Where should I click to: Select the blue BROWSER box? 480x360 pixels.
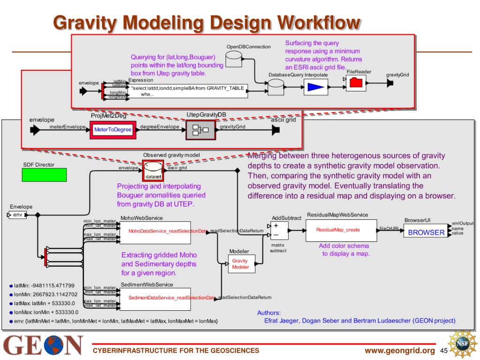[426, 232]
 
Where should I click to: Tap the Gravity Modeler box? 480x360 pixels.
[241, 264]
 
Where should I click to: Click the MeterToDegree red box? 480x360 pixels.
[112, 129]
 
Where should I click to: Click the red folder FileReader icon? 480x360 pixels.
[356, 82]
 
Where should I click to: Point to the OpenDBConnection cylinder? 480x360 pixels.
[234, 59]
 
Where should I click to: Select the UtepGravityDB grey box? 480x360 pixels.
[200, 129]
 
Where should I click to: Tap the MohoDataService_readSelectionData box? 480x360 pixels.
[155, 232]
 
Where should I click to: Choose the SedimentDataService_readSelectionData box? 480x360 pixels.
[155, 299]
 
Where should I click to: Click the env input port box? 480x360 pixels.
[17, 215]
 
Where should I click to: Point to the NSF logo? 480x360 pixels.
[463, 345]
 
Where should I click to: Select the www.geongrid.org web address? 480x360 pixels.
[400, 351]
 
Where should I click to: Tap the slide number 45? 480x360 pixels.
[445, 351]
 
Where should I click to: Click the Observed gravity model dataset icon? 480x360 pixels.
[153, 171]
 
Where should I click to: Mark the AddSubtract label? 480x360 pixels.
[286, 218]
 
